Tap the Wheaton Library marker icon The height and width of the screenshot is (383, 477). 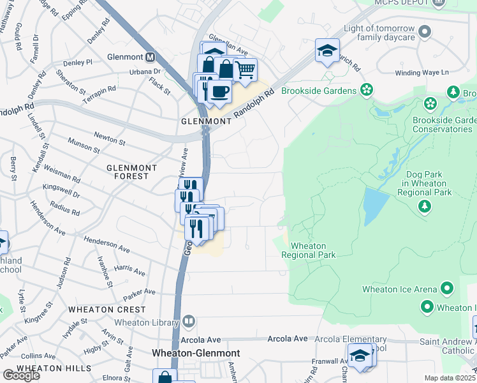pos(188,320)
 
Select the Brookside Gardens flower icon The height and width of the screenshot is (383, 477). pos(366,90)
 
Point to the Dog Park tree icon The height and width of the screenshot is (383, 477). pos(423,206)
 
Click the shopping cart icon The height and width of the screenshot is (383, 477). pos(245,69)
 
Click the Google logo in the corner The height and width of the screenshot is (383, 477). pos(21,375)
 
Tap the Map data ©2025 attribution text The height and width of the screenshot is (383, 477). pos(450,378)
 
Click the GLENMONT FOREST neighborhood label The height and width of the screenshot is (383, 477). pos(131,172)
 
